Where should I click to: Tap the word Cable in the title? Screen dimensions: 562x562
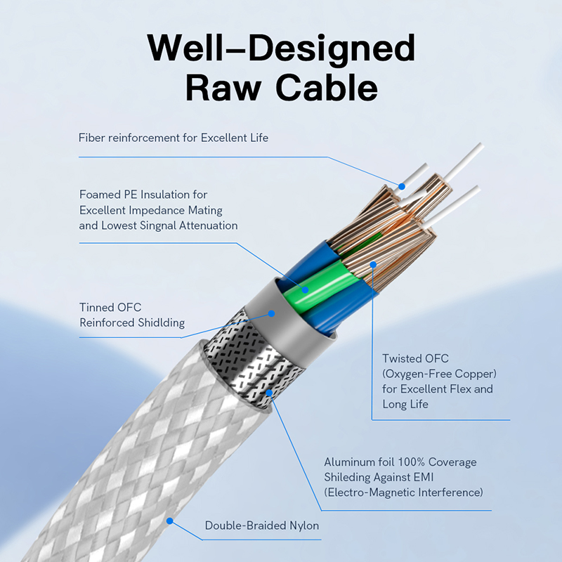pyautogui.click(x=327, y=89)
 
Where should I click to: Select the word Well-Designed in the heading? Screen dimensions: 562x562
pyautogui.click(x=281, y=48)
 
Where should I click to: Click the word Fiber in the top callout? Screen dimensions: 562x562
pyautogui.click(x=92, y=138)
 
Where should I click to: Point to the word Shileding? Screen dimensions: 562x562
pyautogui.click(x=350, y=478)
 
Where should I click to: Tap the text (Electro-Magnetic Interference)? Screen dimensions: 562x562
pyautogui.click(x=404, y=492)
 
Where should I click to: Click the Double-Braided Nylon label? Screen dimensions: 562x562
pyautogui.click(x=262, y=525)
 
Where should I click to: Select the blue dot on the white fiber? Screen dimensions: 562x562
pyautogui.click(x=402, y=186)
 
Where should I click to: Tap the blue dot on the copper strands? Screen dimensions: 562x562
pyautogui.click(x=374, y=265)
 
